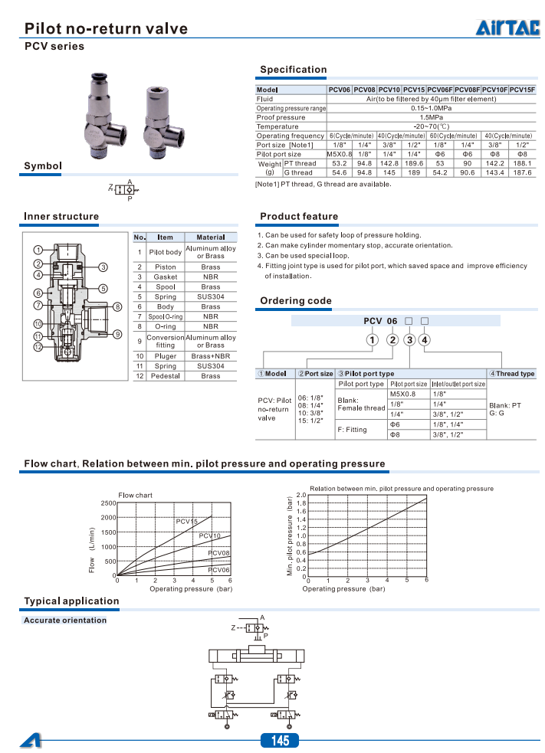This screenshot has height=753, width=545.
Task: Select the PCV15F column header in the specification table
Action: pyautogui.click(x=522, y=90)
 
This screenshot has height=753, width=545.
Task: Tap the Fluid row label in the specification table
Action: pyautogui.click(x=264, y=99)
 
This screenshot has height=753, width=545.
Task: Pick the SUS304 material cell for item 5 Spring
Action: pyautogui.click(x=211, y=296)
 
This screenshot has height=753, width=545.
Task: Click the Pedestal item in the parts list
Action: pyautogui.click(x=165, y=376)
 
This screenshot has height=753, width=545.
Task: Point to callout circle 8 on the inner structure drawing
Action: pyautogui.click(x=117, y=306)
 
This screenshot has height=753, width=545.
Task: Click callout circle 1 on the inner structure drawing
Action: pyautogui.click(x=37, y=250)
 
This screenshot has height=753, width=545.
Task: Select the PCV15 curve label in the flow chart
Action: pyautogui.click(x=186, y=522)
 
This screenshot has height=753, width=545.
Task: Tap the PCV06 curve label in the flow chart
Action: pyautogui.click(x=219, y=570)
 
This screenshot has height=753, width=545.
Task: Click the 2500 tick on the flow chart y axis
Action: pyautogui.click(x=108, y=503)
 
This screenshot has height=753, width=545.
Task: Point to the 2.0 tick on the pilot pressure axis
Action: pyautogui.click(x=301, y=495)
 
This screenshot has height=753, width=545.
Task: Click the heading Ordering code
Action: pyautogui.click(x=295, y=301)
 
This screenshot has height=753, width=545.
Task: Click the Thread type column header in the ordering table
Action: pyautogui.click(x=513, y=374)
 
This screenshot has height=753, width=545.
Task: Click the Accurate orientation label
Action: pyautogui.click(x=65, y=620)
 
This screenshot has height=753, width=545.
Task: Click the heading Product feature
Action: pyautogui.click(x=298, y=217)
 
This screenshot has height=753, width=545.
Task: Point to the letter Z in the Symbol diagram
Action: pyautogui.click(x=110, y=187)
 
